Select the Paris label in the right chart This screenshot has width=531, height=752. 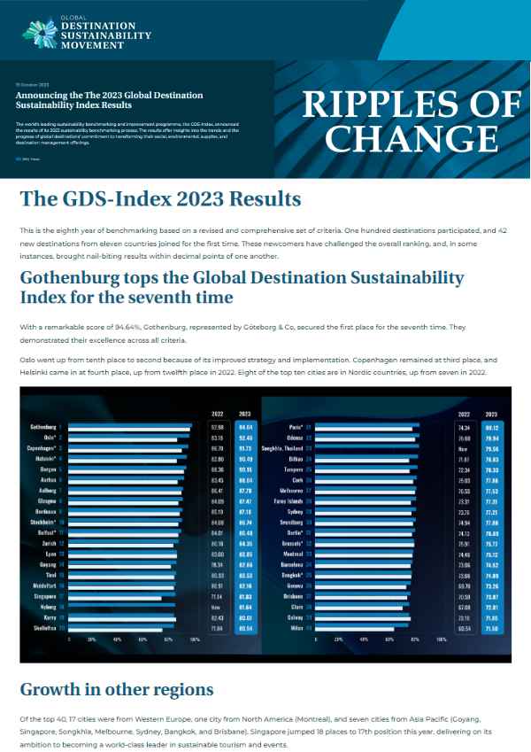(297, 427)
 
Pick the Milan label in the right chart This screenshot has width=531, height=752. (296, 627)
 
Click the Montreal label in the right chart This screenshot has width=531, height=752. (293, 554)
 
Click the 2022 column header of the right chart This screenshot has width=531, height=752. (464, 413)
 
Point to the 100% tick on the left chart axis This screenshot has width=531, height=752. (196, 638)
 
